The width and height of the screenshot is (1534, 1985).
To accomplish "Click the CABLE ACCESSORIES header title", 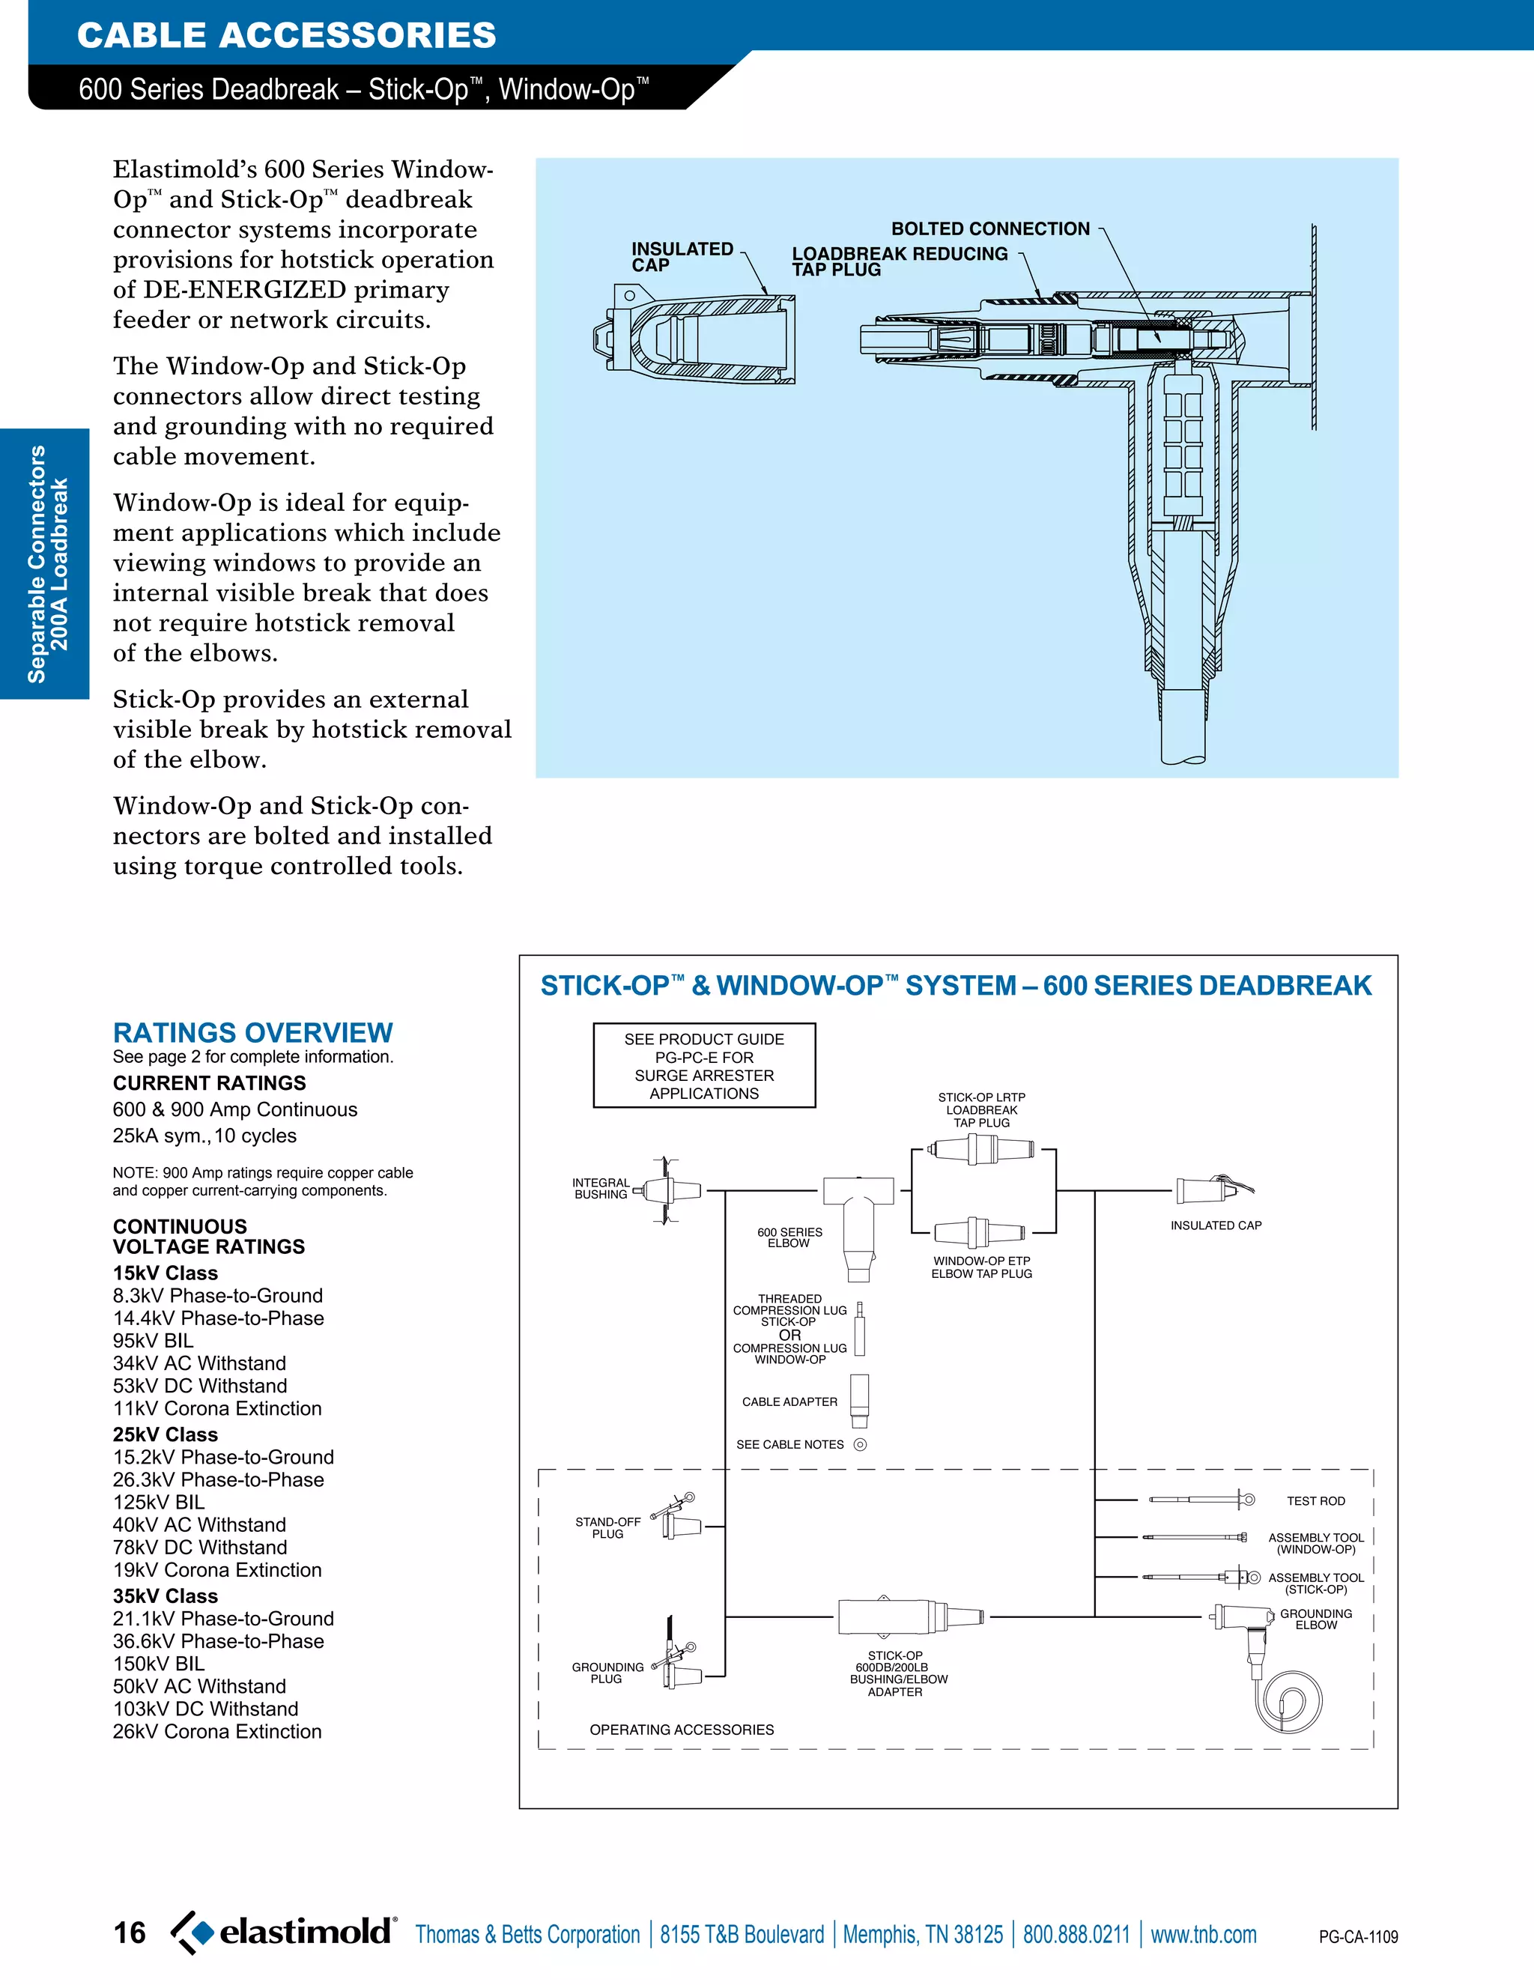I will click(x=286, y=35).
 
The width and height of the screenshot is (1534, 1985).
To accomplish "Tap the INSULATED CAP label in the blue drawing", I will click(x=681, y=256).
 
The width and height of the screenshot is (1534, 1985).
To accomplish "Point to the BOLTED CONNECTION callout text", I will click(x=989, y=229).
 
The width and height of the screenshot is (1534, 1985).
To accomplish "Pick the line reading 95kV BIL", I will click(x=153, y=1341).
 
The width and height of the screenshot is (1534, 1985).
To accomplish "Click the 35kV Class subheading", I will click(x=166, y=1596).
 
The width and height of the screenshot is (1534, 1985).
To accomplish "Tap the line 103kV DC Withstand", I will click(x=205, y=1709).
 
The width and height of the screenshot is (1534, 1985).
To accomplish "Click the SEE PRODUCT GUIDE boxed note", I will click(x=704, y=1065).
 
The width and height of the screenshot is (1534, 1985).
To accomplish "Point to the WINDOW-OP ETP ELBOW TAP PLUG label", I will click(x=981, y=1267).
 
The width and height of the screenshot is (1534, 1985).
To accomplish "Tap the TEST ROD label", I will click(x=1315, y=1500).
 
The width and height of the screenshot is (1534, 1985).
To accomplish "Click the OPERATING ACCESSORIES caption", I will click(x=682, y=1730).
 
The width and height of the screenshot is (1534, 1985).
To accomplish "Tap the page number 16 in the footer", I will click(x=129, y=1933).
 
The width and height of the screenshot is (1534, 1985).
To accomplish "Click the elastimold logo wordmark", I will click(x=306, y=1930).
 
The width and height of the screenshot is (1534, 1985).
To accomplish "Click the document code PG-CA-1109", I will click(x=1358, y=1937).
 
